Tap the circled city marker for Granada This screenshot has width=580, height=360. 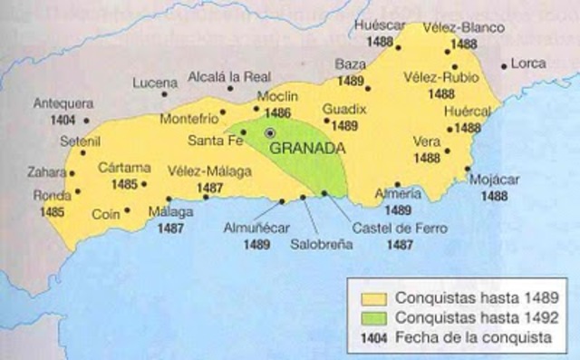click(x=269, y=134)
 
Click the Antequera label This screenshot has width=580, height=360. click(x=58, y=103)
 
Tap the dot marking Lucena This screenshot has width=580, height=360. click(x=165, y=93)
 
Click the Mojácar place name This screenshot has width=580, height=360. click(x=495, y=180)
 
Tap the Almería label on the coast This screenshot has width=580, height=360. click(x=398, y=194)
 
